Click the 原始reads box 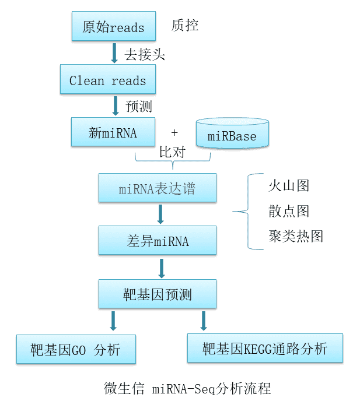pyautogui.click(x=113, y=27)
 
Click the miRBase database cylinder pyautogui.click(x=232, y=135)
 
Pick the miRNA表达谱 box pyautogui.click(x=157, y=188)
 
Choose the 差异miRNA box pyautogui.click(x=157, y=240)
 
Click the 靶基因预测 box pyautogui.click(x=157, y=294)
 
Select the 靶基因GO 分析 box pyautogui.click(x=76, y=349)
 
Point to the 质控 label pyautogui.click(x=185, y=26)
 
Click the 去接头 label pyautogui.click(x=145, y=54)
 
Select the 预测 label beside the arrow pyautogui.click(x=139, y=107)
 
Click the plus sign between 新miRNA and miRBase pyautogui.click(x=174, y=133)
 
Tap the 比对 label pyautogui.click(x=172, y=152)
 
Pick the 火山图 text pyautogui.click(x=288, y=185)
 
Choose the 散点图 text pyautogui.click(x=288, y=211)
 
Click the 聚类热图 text pyautogui.click(x=295, y=236)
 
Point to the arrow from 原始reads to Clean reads pyautogui.click(x=114, y=54)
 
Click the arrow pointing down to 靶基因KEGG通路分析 pyautogui.click(x=204, y=321)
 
